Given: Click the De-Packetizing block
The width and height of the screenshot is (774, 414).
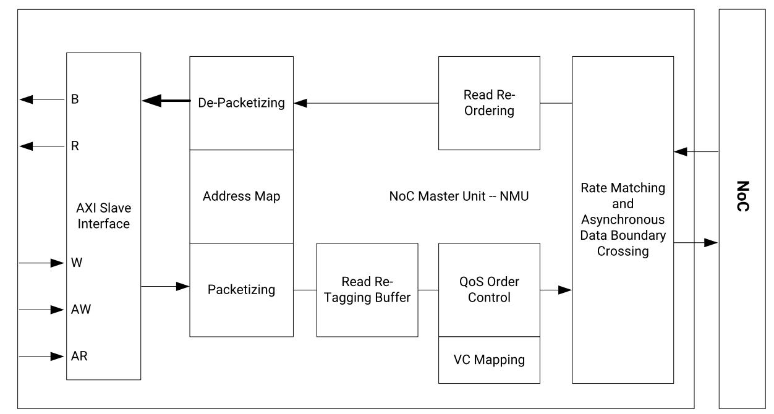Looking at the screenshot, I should pyautogui.click(x=241, y=103).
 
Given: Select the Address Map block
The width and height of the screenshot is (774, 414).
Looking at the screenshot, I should pyautogui.click(x=241, y=196).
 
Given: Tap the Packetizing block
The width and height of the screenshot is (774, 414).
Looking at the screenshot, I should pyautogui.click(x=241, y=289).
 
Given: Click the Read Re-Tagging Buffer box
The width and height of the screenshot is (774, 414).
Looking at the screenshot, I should pyautogui.click(x=367, y=289).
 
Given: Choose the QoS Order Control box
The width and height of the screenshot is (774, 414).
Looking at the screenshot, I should pyautogui.click(x=489, y=289).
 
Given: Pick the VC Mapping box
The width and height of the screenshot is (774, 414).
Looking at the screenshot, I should pyautogui.click(x=489, y=360).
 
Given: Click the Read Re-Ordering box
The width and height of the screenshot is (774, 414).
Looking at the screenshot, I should pyautogui.click(x=489, y=103).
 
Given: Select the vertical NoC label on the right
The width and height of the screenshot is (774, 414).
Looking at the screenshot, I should pyautogui.click(x=744, y=196).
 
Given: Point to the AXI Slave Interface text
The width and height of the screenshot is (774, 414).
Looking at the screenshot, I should pyautogui.click(x=103, y=216).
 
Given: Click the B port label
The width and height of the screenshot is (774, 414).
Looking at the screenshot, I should pyautogui.click(x=75, y=99).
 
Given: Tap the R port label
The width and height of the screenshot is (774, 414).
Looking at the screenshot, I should pyautogui.click(x=75, y=146).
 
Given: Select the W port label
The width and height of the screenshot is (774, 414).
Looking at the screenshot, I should pyautogui.click(x=76, y=263).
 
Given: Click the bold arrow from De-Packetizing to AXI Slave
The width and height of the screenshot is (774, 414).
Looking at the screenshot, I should pyautogui.click(x=165, y=101).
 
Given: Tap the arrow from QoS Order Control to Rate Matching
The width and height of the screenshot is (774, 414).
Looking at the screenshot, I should pyautogui.click(x=556, y=289).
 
